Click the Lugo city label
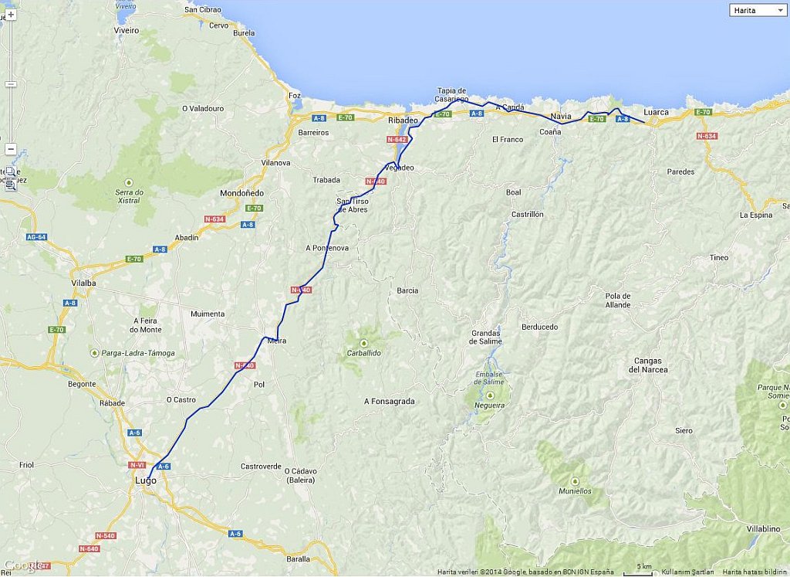click(x=145, y=480)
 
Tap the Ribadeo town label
click(x=402, y=120)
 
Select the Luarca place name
click(x=656, y=112)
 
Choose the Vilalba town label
click(x=83, y=283)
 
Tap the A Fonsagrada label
click(x=389, y=402)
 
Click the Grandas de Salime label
click(x=486, y=337)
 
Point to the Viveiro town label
click(x=127, y=31)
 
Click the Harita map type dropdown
click(x=757, y=10)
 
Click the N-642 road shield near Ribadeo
click(x=397, y=139)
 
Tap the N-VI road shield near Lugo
click(x=137, y=465)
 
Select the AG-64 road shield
click(x=35, y=237)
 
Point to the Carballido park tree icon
click(x=363, y=342)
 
